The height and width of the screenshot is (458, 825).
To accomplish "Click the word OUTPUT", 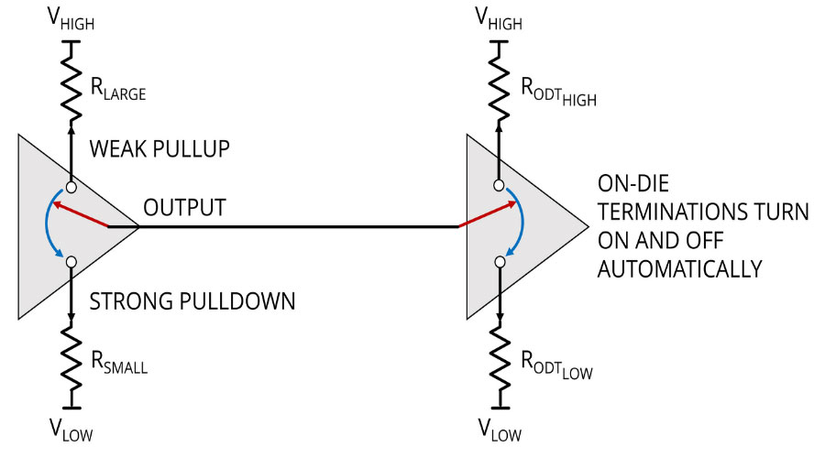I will pyautogui.click(x=182, y=208).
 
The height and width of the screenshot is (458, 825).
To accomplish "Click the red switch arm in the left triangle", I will pyautogui.click(x=82, y=216).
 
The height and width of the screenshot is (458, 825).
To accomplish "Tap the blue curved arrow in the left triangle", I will pyautogui.click(x=48, y=224).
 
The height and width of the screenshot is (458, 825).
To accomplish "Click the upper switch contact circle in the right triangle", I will pyautogui.click(x=500, y=186).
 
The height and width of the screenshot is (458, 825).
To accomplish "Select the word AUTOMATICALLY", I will pyautogui.click(x=679, y=270).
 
